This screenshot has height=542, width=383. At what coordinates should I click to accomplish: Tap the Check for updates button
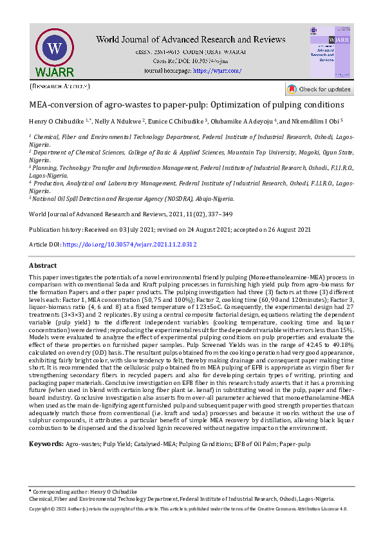[x=319, y=89]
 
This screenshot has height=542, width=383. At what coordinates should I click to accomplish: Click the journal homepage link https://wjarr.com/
[x=218, y=70]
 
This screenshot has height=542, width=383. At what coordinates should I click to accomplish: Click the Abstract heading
[x=43, y=265]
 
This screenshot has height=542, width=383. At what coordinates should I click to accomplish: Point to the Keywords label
[x=46, y=444]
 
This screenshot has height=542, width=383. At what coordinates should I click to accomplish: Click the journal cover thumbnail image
[x=330, y=53]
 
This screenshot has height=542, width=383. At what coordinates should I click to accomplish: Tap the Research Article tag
[x=60, y=86]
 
